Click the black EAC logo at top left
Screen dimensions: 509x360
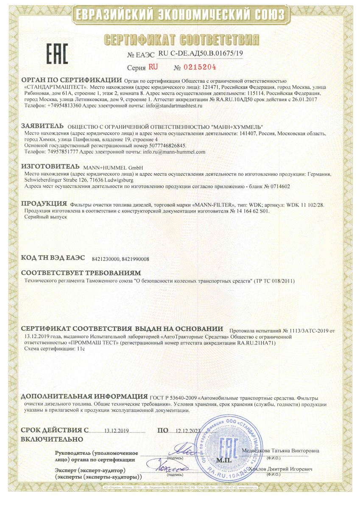[x=57, y=53]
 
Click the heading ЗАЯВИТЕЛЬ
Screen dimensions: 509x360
[x=42, y=126]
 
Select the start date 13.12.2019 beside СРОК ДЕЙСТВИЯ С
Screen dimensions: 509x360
[x=116, y=431]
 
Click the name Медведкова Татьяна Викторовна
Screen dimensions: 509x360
[x=281, y=450]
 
